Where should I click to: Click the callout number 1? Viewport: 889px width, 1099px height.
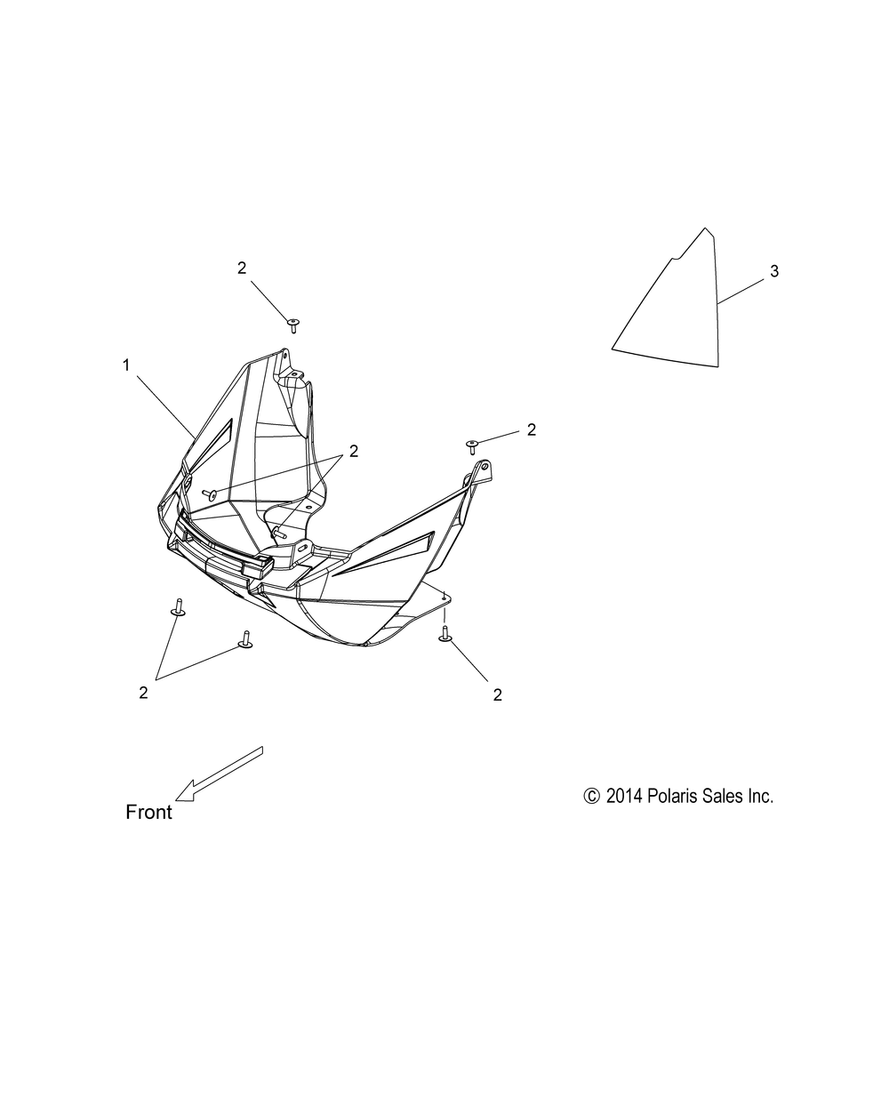(126, 365)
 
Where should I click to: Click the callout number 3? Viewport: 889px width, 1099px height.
(774, 271)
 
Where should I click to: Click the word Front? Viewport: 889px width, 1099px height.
(148, 812)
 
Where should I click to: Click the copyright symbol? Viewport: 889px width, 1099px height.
(591, 796)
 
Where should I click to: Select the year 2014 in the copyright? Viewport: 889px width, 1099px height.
(624, 796)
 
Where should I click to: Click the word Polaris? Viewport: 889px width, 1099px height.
(669, 796)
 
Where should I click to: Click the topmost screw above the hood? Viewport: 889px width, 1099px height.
(293, 326)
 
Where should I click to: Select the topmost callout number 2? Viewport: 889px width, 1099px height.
(242, 268)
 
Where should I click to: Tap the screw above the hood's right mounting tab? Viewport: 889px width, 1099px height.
(471, 446)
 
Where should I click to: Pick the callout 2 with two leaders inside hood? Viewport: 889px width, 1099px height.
(354, 451)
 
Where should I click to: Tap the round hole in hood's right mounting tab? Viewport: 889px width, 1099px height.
(485, 467)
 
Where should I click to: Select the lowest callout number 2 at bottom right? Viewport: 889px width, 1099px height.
(497, 695)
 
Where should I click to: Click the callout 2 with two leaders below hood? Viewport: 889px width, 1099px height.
(143, 693)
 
